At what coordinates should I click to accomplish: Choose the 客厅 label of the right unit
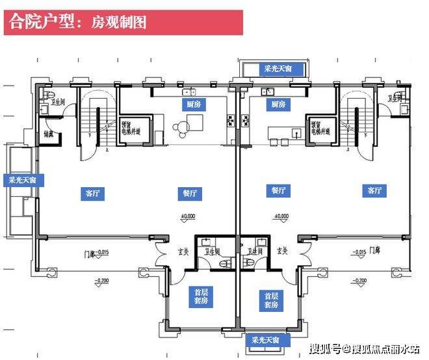(x=374, y=190)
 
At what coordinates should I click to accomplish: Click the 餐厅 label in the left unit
(x=187, y=192)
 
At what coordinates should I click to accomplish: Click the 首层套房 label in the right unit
(x=272, y=300)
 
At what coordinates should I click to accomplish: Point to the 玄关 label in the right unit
(x=282, y=250)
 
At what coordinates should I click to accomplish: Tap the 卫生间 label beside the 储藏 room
(x=54, y=101)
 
